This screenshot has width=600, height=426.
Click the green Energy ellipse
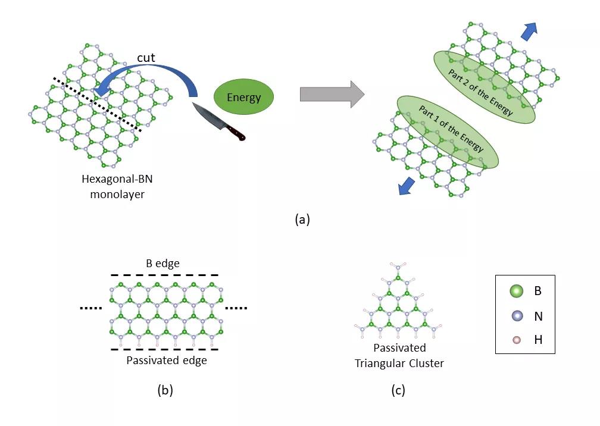point(243,98)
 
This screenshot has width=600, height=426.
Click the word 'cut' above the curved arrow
point(146,58)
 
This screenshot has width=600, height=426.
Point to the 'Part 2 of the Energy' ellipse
point(483,87)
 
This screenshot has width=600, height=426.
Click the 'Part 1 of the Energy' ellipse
point(447,131)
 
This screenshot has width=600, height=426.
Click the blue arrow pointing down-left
point(406,186)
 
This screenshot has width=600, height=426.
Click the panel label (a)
point(302,220)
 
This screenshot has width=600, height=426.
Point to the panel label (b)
point(165,390)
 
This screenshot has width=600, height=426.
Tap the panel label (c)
point(398,390)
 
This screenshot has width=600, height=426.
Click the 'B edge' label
point(162,264)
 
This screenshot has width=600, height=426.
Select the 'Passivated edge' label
point(167,361)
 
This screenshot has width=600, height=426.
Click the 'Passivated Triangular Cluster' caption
point(399,355)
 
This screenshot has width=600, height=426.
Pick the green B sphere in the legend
point(516,292)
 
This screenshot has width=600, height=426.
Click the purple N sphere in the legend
point(516,317)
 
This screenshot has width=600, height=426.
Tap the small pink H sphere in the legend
point(516,340)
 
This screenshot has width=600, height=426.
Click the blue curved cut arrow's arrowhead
point(104,87)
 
